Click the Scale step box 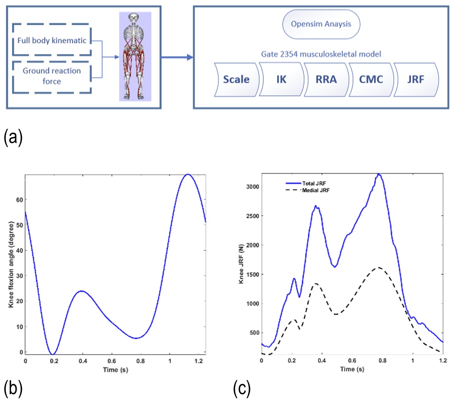pyautogui.click(x=236, y=79)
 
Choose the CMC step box pyautogui.click(x=370, y=79)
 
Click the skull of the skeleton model pyautogui.click(x=134, y=19)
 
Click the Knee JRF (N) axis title pyautogui.click(x=242, y=263)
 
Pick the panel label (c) pyautogui.click(x=242, y=388)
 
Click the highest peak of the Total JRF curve pyautogui.click(x=378, y=174)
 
